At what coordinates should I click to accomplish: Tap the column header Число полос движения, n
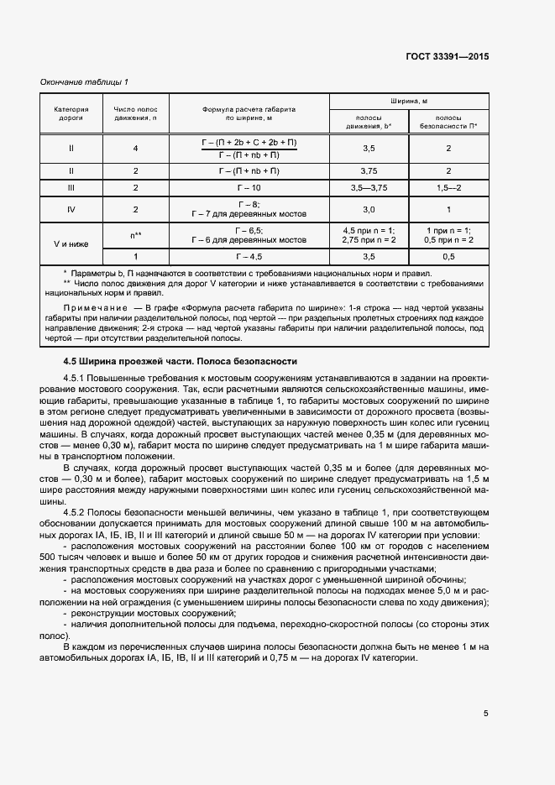tap(135, 114)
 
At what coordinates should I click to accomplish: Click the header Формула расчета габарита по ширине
tap(249, 114)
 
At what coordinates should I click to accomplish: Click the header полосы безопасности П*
tap(448, 122)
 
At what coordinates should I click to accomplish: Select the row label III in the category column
tap(71, 188)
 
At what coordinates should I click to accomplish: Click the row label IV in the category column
tap(71, 209)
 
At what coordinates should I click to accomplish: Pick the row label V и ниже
tap(71, 245)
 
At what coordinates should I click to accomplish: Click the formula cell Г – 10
tap(249, 188)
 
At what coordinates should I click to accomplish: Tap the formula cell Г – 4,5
tap(249, 257)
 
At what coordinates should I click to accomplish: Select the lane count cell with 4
tap(135, 149)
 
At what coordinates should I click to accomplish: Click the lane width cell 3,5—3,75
tap(369, 188)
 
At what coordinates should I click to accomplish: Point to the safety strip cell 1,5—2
tap(448, 188)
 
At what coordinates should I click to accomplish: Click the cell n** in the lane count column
tap(135, 235)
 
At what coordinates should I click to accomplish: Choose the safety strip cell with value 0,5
tap(448, 257)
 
